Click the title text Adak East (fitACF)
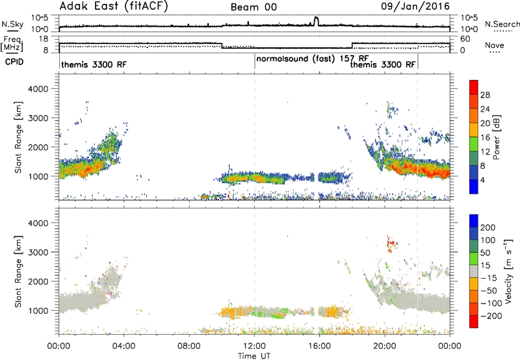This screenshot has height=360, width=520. point(113,6)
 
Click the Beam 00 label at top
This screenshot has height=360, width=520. point(253,7)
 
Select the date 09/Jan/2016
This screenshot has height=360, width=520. point(415,6)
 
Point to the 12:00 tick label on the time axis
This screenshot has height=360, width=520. point(254,346)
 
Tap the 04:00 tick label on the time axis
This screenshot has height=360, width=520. point(124,346)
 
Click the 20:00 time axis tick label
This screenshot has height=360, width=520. point(385,346)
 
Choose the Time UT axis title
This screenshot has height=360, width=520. point(254,356)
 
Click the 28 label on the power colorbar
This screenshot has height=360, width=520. point(485,95)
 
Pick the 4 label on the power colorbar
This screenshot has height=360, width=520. point(482,180)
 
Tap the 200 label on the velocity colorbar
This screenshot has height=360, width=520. point(488,227)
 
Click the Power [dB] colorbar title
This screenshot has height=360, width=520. point(496,137)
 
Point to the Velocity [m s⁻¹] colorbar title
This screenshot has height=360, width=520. point(508,271)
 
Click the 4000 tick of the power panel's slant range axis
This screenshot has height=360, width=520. point(38,89)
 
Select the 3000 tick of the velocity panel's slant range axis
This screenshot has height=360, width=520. point(38,252)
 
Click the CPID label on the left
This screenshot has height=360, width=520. point(14,62)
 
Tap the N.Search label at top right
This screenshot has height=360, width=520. point(502,24)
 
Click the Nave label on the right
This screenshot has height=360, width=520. point(495,45)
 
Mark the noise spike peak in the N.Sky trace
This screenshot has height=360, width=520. point(316,18)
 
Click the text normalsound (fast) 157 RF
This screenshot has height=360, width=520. point(313,58)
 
